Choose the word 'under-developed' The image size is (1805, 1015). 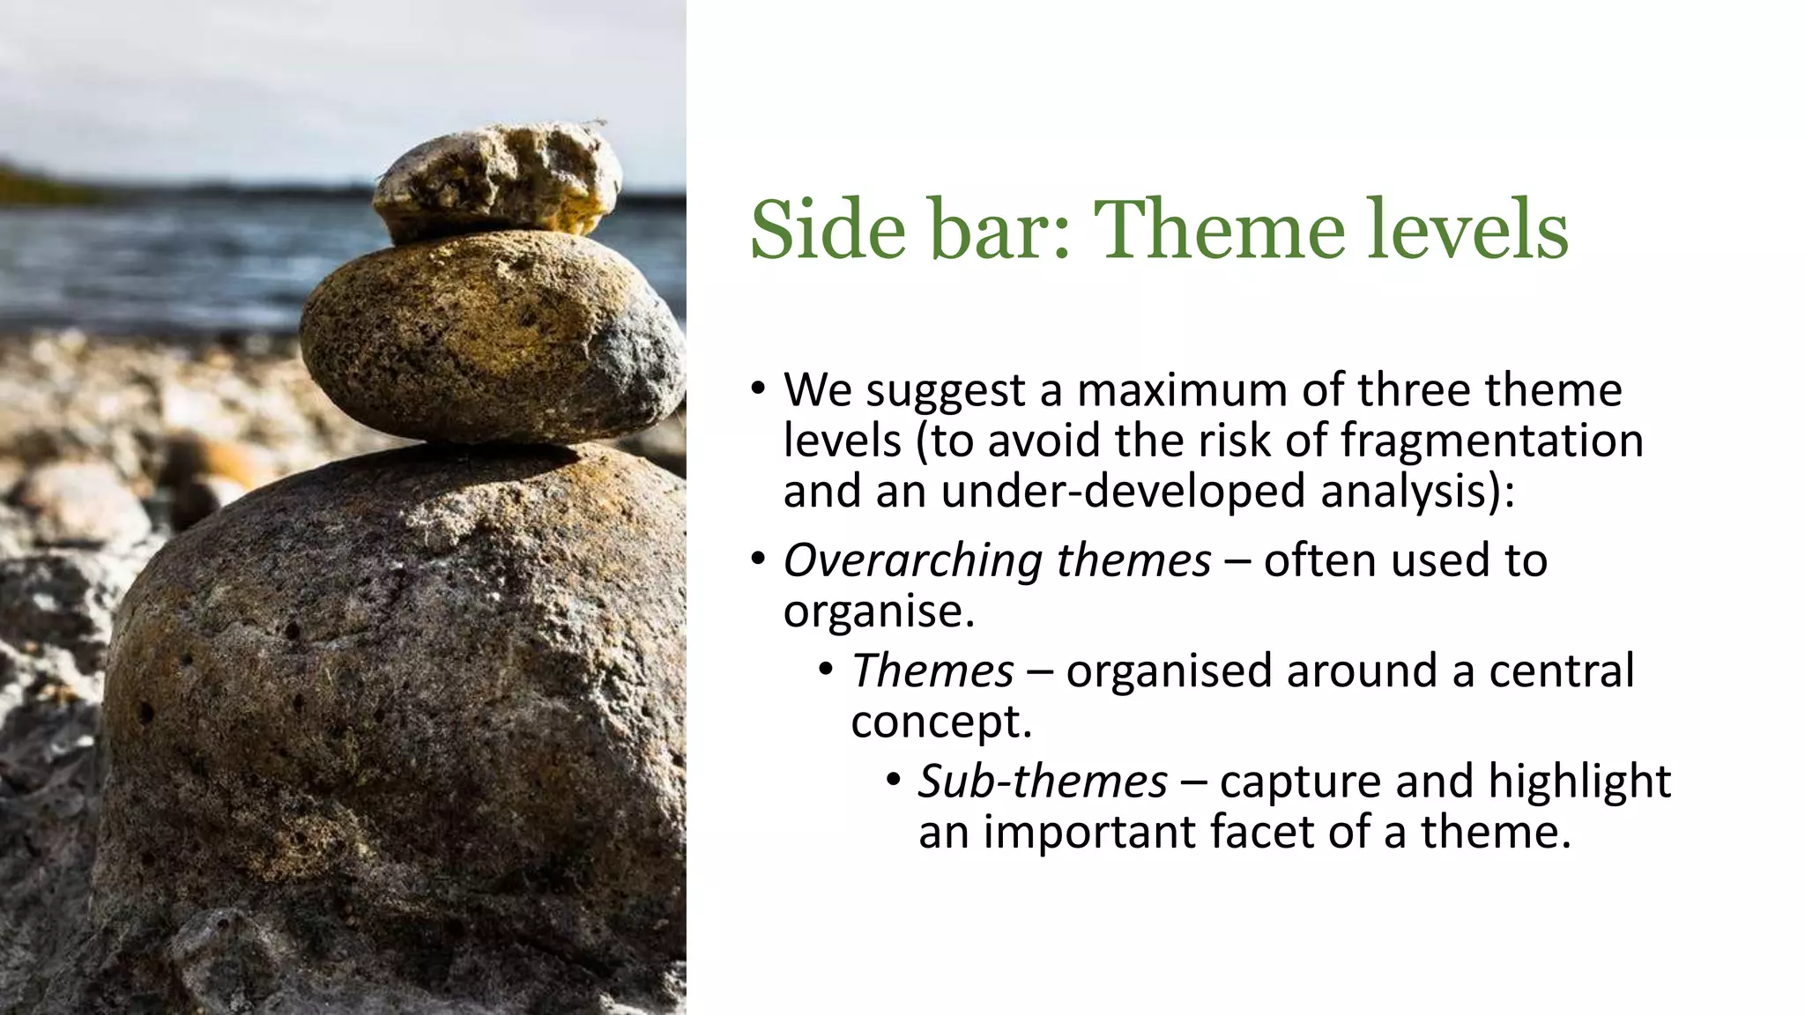1123,491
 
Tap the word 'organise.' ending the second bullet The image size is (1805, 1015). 879,611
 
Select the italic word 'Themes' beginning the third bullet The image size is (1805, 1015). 932,670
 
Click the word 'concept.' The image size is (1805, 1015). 940,722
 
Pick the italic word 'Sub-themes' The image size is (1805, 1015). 1043,782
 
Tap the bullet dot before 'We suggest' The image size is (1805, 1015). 758,389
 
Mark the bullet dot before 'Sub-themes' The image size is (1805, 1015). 894,780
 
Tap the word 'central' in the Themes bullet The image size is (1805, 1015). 1561,670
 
